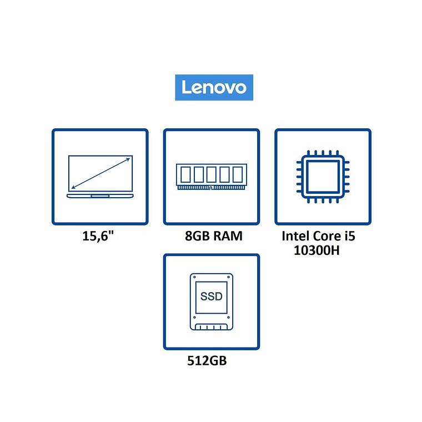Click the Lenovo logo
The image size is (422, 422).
[x=214, y=88]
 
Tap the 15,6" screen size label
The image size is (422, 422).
[x=100, y=236]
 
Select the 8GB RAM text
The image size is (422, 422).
[x=214, y=236]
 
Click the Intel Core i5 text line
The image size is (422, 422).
[x=318, y=235]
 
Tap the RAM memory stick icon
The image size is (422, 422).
[x=211, y=177]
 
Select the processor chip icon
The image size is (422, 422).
[x=323, y=177]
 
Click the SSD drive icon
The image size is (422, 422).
[x=211, y=302]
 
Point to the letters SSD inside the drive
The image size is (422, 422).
[x=211, y=296]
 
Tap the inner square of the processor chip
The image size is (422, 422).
[x=323, y=177]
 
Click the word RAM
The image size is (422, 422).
[x=228, y=236]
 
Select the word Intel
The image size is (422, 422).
[x=295, y=235]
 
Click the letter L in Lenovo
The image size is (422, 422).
[x=186, y=88]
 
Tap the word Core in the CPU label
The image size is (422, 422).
[x=326, y=235]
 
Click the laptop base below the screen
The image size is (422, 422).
[x=100, y=195]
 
